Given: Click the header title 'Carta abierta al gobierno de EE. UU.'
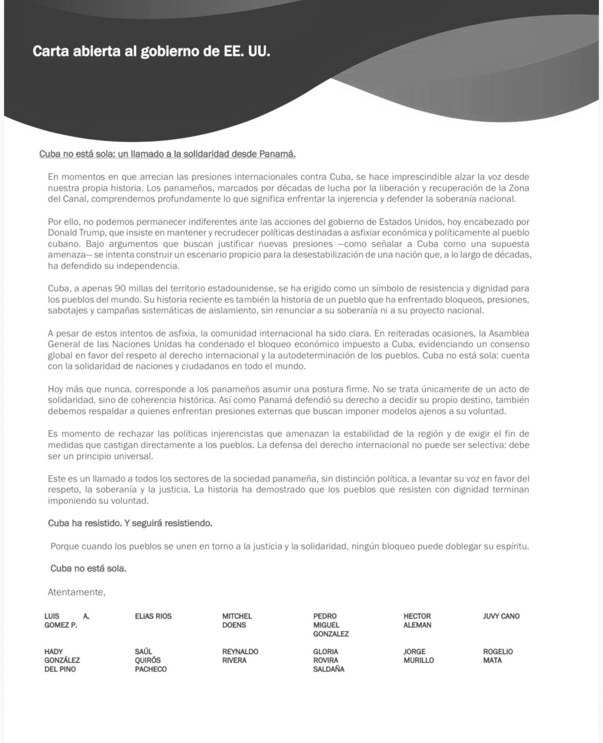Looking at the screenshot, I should click(151, 52).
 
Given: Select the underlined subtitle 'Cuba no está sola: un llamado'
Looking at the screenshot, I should click(167, 154).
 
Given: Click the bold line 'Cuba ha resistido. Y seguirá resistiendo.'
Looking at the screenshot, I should click(130, 523).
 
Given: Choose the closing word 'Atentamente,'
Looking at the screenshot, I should click(76, 593).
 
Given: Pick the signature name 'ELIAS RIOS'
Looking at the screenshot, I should click(153, 617).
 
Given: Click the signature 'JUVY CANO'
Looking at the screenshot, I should click(501, 617).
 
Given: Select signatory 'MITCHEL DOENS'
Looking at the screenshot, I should click(237, 621).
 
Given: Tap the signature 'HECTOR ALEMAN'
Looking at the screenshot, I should click(417, 621).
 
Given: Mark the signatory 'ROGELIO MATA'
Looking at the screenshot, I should click(497, 656).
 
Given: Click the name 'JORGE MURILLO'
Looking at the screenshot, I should click(418, 656).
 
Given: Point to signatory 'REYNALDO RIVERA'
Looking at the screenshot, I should click(240, 656).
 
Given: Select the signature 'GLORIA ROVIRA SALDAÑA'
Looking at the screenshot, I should click(328, 661).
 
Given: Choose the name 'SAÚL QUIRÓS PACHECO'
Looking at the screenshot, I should click(150, 661).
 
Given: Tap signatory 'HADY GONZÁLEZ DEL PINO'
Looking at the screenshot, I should click(62, 661).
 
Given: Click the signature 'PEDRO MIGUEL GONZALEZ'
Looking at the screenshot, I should click(330, 625).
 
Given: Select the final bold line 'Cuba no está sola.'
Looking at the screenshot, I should click(88, 569).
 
